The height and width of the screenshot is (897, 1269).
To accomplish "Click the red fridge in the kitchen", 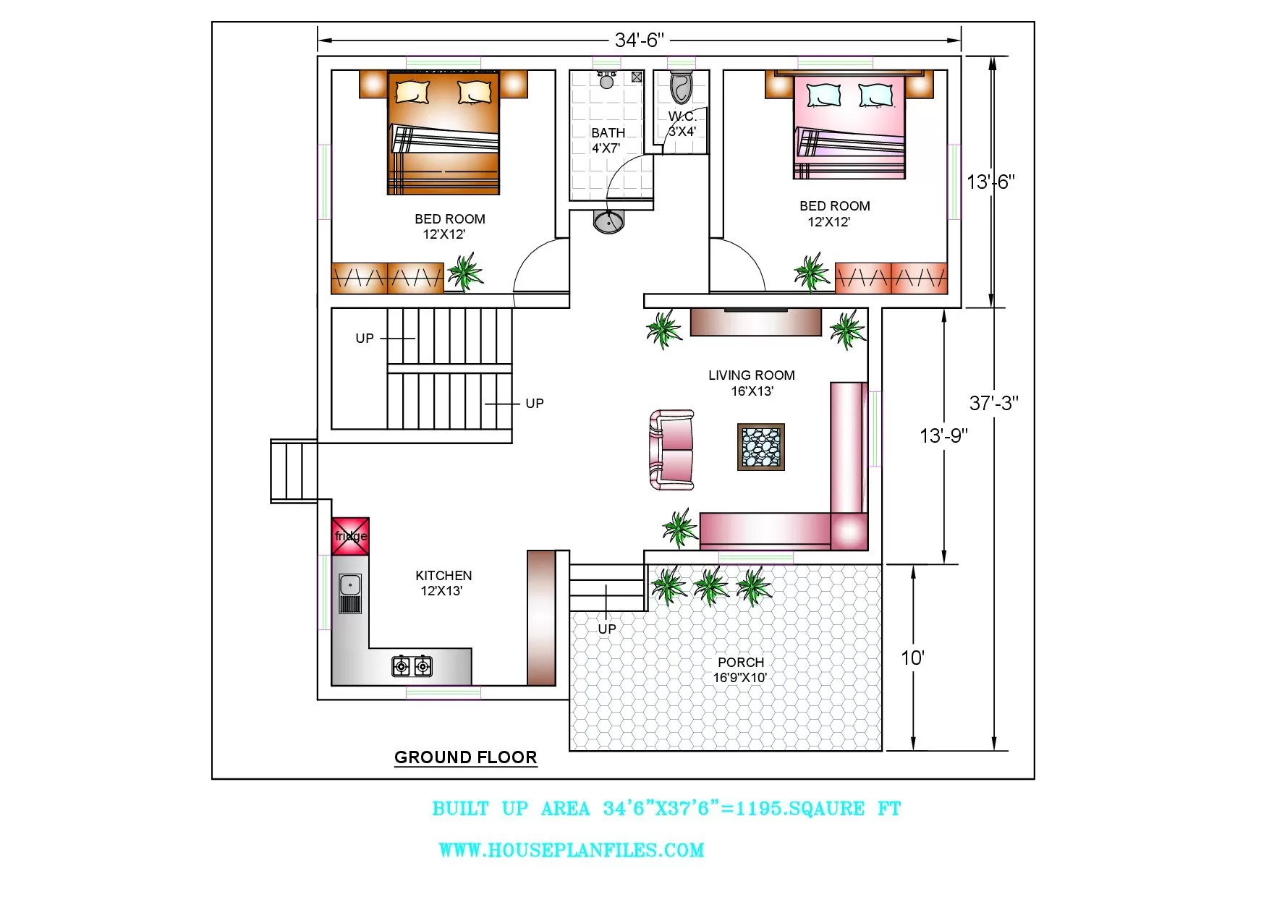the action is (x=350, y=536).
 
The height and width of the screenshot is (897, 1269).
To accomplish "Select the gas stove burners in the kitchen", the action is (x=412, y=666).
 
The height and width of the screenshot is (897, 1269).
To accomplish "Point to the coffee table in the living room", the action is (x=761, y=447).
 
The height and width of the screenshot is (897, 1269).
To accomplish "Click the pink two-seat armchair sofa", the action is (x=672, y=449).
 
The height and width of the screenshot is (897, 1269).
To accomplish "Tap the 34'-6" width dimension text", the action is (x=639, y=40).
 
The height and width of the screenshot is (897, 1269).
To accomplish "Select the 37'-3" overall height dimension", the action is (x=993, y=403).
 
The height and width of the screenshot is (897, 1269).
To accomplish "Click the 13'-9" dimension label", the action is (x=943, y=435).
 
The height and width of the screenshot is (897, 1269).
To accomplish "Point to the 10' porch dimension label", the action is (x=912, y=658).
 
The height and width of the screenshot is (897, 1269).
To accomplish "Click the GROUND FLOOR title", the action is (x=466, y=757).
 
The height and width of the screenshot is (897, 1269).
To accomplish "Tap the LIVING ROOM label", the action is (x=752, y=375).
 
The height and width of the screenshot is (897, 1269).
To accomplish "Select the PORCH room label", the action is (x=741, y=662).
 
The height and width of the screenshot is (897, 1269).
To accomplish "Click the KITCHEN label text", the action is (x=443, y=576).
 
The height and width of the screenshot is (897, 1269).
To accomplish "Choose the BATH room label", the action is (x=608, y=133).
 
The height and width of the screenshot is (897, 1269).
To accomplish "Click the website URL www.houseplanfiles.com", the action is (x=572, y=850).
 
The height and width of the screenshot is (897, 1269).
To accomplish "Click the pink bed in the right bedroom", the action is (x=849, y=127).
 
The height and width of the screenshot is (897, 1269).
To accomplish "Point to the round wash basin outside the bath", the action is (x=608, y=221).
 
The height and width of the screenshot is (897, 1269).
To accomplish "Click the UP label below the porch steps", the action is (x=607, y=629).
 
